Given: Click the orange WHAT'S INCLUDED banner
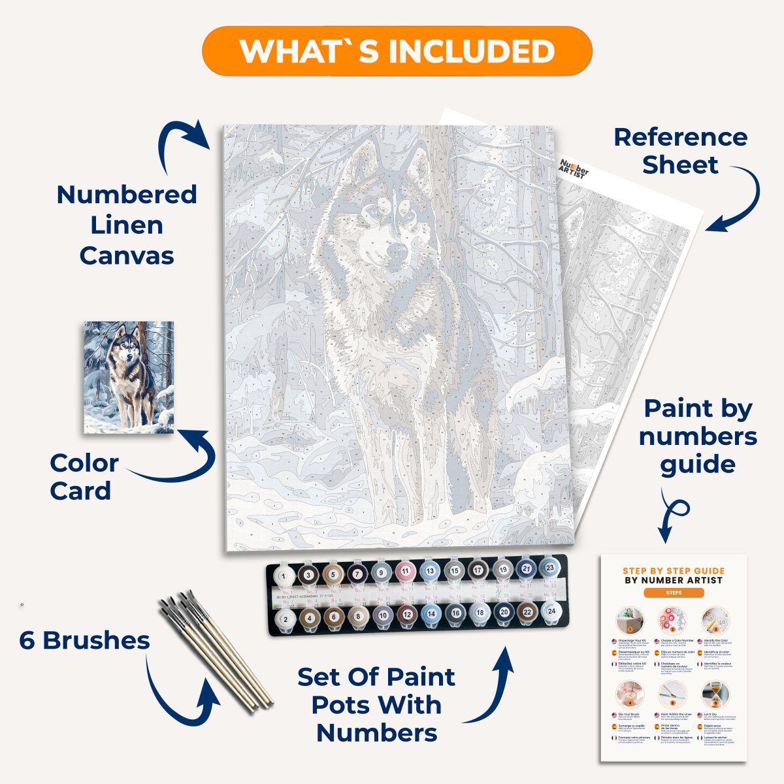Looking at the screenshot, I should click(x=397, y=51).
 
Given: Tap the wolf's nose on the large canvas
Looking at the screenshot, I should click(x=396, y=251).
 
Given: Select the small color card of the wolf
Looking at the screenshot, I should click(x=129, y=377).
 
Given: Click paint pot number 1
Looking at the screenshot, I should click(x=284, y=576).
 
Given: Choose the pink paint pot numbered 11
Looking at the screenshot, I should click(x=405, y=572).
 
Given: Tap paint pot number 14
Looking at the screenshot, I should click(x=430, y=613).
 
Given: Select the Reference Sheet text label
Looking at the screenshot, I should click(x=680, y=151).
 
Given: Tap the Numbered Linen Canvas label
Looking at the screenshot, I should click(x=127, y=225).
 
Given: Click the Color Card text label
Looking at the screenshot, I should click(x=84, y=477).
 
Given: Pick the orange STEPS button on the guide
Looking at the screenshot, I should click(x=674, y=593).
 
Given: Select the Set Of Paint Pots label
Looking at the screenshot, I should click(x=376, y=705).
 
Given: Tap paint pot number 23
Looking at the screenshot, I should click(x=550, y=569).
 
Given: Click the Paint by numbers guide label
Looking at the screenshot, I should click(x=698, y=436).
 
